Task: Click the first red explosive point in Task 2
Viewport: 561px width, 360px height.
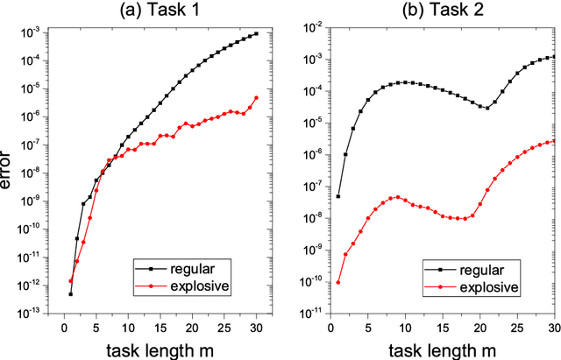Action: [338, 282]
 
